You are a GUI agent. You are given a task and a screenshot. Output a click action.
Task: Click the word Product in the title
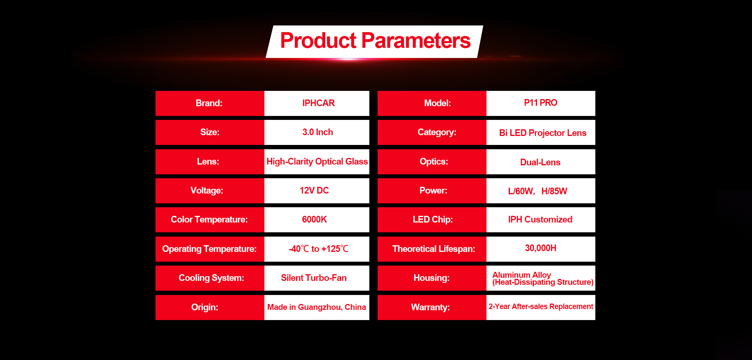pos(318,41)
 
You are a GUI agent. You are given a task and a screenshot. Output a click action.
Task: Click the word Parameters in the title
pos(416,41)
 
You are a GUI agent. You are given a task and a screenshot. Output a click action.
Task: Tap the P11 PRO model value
pos(540,103)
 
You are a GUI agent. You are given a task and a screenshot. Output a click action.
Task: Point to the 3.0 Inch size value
pos(318,132)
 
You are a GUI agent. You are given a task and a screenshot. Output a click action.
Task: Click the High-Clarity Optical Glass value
pos(317,161)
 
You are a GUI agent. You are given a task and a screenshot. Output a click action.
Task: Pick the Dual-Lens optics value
pos(540,162)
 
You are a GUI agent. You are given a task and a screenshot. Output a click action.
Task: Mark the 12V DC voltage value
pos(314,190)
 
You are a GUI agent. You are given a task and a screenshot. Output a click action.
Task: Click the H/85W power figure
pos(554,191)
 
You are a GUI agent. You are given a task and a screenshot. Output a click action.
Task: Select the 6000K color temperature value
pos(314,219)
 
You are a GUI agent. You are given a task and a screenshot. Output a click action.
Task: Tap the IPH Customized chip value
pos(540,219)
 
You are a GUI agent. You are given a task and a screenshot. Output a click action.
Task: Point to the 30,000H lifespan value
pos(540,248)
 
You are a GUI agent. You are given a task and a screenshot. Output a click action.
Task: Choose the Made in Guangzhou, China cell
pos(316,307)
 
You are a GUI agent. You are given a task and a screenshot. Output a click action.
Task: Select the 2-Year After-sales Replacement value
pos(541,306)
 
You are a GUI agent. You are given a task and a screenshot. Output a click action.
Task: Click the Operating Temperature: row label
pos(210,249)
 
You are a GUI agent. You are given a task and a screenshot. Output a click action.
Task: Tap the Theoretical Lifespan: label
pos(434,249)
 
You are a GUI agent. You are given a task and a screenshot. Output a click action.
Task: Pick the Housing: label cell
pos(432,278)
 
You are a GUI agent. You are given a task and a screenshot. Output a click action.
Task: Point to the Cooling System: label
pos(211,278)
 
